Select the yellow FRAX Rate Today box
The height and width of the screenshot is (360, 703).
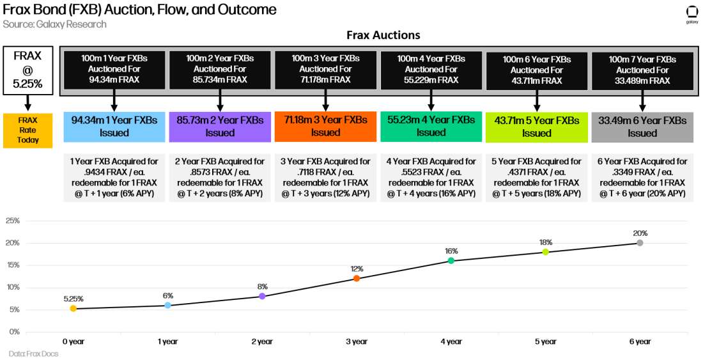click(x=27, y=130)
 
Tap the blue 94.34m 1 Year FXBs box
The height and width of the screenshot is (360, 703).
click(x=114, y=127)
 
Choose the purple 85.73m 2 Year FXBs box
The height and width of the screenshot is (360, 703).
click(x=220, y=127)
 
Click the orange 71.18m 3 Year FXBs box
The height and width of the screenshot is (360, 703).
click(x=325, y=127)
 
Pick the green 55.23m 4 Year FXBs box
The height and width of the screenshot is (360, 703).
click(x=431, y=127)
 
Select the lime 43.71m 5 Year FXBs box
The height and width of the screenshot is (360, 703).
click(x=536, y=127)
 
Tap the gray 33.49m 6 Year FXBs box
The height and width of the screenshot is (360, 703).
click(x=642, y=127)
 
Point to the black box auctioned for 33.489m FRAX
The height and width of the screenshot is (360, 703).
click(x=642, y=69)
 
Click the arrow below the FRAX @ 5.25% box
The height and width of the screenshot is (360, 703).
click(x=27, y=102)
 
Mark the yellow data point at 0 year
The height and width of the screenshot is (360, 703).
click(x=73, y=308)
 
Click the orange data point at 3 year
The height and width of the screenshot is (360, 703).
click(x=357, y=278)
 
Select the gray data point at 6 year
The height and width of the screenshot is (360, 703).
click(x=640, y=243)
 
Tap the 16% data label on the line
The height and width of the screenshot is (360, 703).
click(x=451, y=251)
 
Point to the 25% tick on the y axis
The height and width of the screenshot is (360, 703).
click(x=13, y=221)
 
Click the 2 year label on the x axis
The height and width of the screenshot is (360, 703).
click(x=262, y=341)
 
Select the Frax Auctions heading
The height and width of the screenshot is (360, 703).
click(x=383, y=35)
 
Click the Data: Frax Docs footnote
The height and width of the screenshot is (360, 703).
click(x=33, y=354)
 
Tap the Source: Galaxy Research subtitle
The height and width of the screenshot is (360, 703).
click(x=54, y=24)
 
